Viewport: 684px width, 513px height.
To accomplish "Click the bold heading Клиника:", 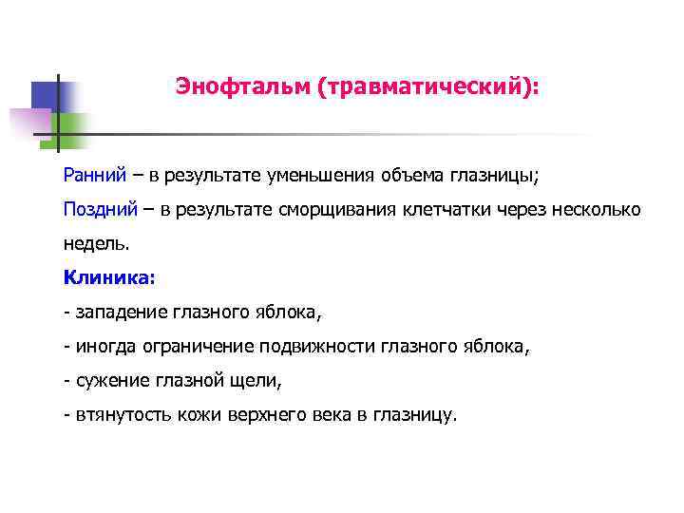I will (107, 277).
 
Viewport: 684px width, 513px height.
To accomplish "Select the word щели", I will (257, 380).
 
